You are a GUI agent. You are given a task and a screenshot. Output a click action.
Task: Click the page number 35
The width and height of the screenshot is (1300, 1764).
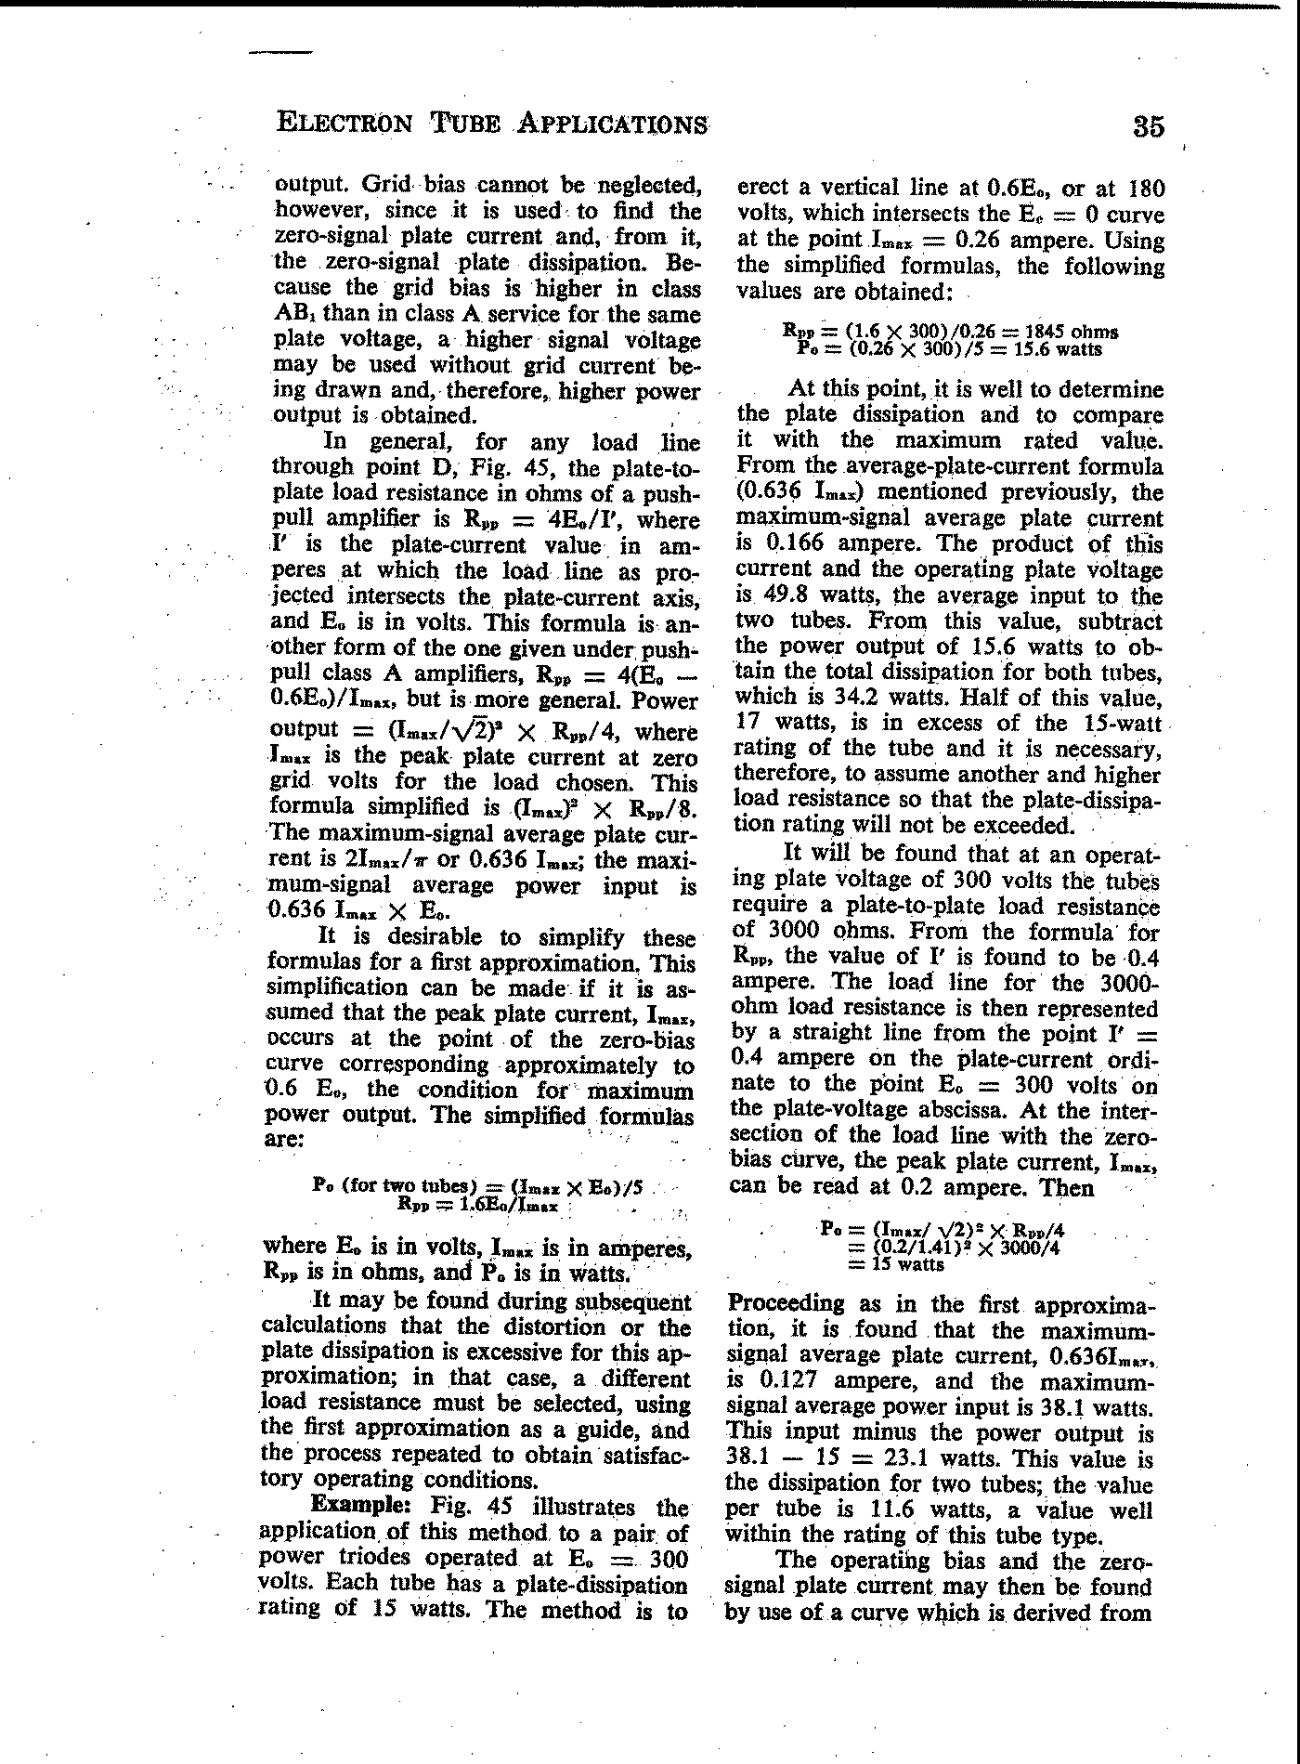[1149, 125]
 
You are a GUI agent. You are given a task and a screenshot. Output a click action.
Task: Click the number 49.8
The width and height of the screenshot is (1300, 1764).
[773, 595]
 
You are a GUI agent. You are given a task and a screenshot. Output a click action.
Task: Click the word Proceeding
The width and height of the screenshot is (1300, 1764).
[786, 1303]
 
